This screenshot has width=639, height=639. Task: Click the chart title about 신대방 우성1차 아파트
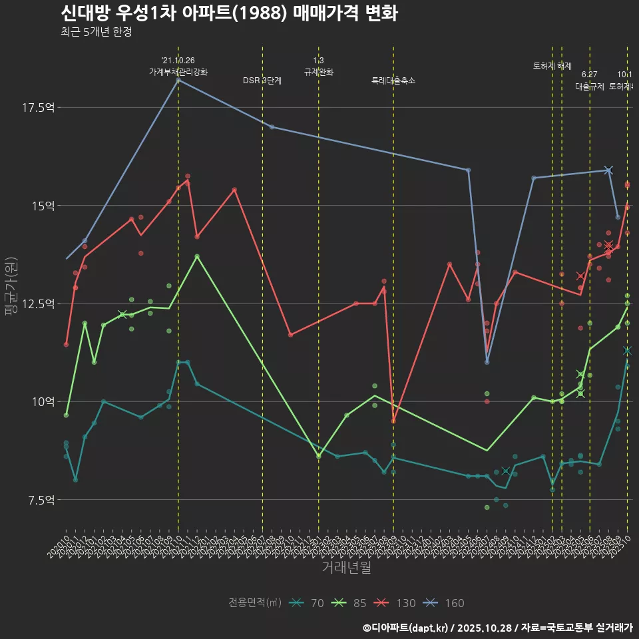pyautogui.click(x=229, y=13)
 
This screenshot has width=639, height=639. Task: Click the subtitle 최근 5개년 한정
pyautogui.click(x=96, y=32)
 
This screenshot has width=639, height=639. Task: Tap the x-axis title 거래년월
pyautogui.click(x=346, y=567)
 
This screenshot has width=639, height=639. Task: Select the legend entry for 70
pyautogui.click(x=309, y=603)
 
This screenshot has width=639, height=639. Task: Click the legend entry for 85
pyautogui.click(x=351, y=603)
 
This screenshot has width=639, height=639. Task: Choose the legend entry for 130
pyautogui.click(x=397, y=603)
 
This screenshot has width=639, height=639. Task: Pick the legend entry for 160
pyautogui.click(x=445, y=603)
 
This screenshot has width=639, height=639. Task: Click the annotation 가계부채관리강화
pyautogui.click(x=178, y=72)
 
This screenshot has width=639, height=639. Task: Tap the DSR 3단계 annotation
pyautogui.click(x=262, y=81)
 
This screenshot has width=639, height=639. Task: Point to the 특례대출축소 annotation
pyautogui.click(x=393, y=81)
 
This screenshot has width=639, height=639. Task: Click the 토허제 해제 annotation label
pyautogui.click(x=552, y=66)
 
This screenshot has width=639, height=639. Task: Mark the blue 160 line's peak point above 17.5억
pyautogui.click(x=178, y=80)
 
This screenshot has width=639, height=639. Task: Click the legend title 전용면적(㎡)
pyautogui.click(x=255, y=603)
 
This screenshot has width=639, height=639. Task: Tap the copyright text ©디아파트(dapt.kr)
pyautogui.click(x=406, y=628)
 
